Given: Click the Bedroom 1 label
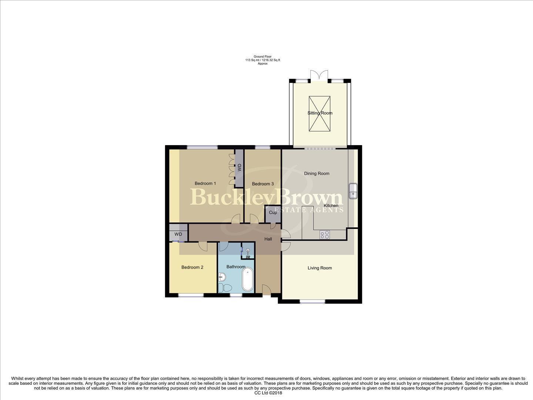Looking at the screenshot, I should (x=205, y=183).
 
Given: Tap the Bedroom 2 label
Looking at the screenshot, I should (x=192, y=267).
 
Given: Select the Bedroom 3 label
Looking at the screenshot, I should (x=263, y=184).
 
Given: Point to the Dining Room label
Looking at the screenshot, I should (x=316, y=173).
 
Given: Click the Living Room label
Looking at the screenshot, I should (x=319, y=268).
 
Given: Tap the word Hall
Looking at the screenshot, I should (x=268, y=239).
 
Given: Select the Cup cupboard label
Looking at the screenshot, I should (x=273, y=213).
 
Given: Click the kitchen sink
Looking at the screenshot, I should (x=353, y=191).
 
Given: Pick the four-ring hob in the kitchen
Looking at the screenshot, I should (x=325, y=234).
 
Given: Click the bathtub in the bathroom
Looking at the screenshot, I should (x=248, y=280).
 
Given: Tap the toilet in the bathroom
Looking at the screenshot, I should (x=225, y=288).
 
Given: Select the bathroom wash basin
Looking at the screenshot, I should (x=222, y=276).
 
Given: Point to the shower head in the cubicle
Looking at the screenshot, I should (x=248, y=251).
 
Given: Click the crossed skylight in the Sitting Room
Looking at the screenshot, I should (x=319, y=113).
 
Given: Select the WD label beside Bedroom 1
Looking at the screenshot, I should (x=239, y=167).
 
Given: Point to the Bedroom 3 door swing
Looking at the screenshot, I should (x=254, y=219).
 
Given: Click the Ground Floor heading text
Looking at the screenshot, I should (x=262, y=57).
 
